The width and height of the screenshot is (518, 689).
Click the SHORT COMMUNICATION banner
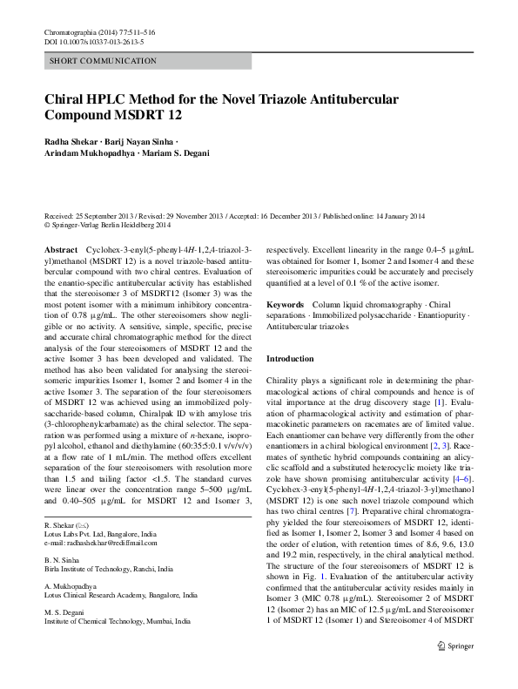coord(104,61)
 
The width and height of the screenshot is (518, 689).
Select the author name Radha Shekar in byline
coord(71,141)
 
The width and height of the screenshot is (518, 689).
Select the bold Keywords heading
coord(286,305)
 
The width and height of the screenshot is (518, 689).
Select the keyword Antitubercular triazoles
coord(307,328)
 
